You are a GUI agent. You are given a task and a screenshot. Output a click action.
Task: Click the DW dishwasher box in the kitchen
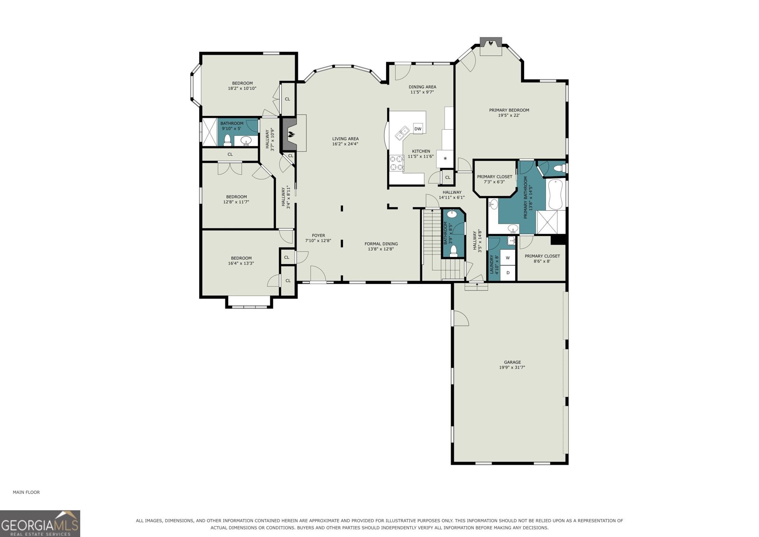pyautogui.click(x=418, y=129)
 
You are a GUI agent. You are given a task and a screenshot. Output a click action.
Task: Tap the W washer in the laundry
pyautogui.click(x=508, y=258)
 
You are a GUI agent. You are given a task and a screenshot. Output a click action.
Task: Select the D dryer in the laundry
pyautogui.click(x=508, y=273)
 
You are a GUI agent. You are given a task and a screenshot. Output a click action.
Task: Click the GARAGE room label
pyautogui.click(x=512, y=362)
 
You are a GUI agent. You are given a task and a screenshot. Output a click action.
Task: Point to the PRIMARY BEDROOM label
pyautogui.click(x=509, y=110)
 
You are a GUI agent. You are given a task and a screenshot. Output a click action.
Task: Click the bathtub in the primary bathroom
pyautogui.click(x=555, y=194)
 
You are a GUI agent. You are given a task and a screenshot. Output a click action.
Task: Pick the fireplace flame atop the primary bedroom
pyautogui.click(x=491, y=43)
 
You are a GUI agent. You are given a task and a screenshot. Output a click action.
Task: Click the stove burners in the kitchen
pyautogui.click(x=397, y=163)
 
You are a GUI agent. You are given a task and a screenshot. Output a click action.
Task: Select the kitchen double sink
pyautogui.click(x=403, y=132)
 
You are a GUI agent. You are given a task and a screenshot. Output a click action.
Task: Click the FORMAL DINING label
pyautogui.click(x=381, y=244)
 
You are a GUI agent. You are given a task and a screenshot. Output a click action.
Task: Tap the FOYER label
pyautogui.click(x=318, y=236)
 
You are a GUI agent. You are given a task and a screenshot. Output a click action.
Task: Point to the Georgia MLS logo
pyautogui.click(x=40, y=523)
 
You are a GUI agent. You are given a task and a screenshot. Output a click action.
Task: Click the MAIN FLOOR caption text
pyautogui.click(x=26, y=492)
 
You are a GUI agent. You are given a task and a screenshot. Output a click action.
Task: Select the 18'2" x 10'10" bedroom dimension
pyautogui.click(x=242, y=88)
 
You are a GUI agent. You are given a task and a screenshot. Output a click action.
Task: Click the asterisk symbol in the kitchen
pyautogui.click(x=445, y=159)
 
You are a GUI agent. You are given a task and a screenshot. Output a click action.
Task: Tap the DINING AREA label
pyautogui.click(x=422, y=87)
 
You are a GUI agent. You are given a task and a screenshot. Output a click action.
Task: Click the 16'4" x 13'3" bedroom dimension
pyautogui.click(x=241, y=263)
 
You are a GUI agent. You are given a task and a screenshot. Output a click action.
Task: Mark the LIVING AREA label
pyautogui.click(x=345, y=139)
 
